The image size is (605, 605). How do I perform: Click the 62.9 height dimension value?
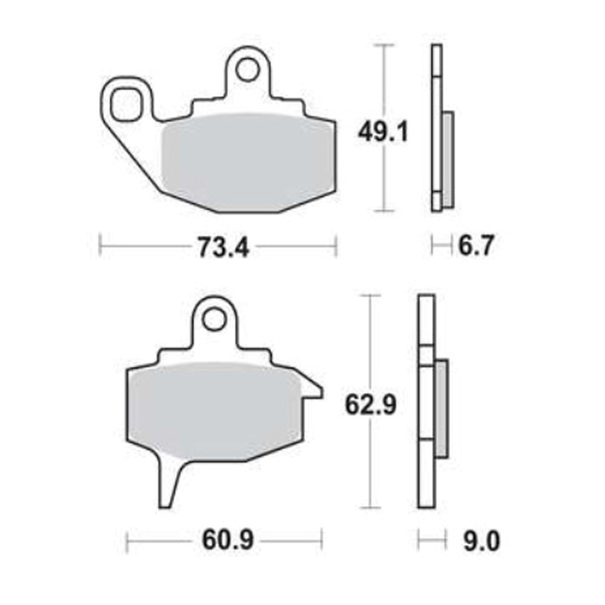(x=371, y=406)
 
